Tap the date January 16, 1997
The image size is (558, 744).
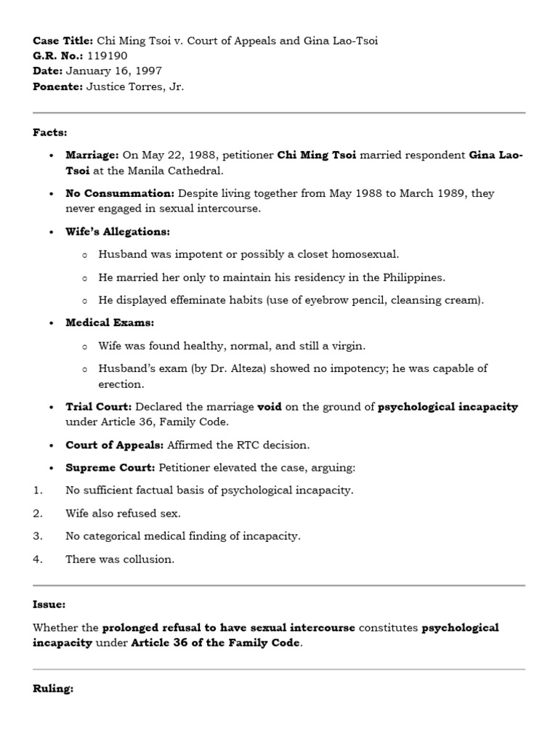coord(113,71)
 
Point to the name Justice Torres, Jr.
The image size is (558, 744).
coord(135,86)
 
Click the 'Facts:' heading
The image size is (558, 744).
coord(49,132)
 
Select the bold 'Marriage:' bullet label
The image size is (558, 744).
coord(92,155)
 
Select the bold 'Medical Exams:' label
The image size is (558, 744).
coord(110,323)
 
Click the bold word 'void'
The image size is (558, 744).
coord(270,407)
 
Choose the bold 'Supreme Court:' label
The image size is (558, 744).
coord(110,467)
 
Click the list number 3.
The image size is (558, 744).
coord(37,536)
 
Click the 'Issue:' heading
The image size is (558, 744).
coord(49,604)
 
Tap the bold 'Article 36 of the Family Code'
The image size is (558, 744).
coord(215,643)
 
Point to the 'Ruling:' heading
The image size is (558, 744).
coord(53,689)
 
